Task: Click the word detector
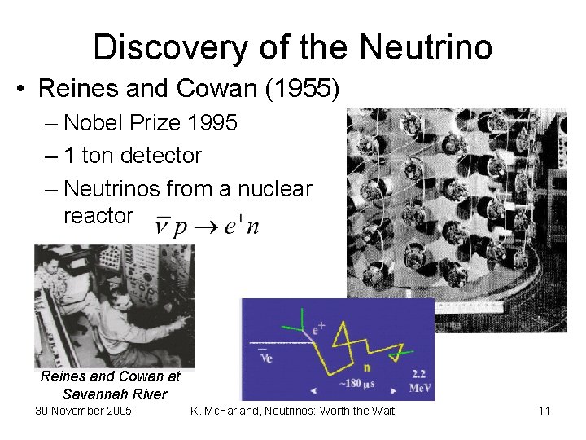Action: pyautogui.click(x=163, y=155)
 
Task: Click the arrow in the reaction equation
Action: pyautogui.click(x=209, y=226)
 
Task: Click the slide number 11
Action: pyautogui.click(x=544, y=411)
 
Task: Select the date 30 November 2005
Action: pyautogui.click(x=83, y=411)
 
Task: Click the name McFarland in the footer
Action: pyautogui.click(x=238, y=411)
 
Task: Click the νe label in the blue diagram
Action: pyautogui.click(x=265, y=355)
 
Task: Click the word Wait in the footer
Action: pyautogui.click(x=379, y=411)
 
